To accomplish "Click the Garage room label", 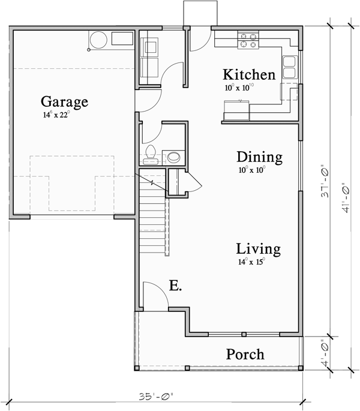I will coord(64,101).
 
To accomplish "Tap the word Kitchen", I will coord(249,75).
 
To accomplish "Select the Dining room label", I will coord(259,157).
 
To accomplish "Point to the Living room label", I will coord(258,248).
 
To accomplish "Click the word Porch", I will coord(245,354).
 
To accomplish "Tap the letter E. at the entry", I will coord(175,286).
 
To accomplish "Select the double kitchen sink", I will coord(289,67).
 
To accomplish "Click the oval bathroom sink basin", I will coord(173,157).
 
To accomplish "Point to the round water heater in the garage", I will coord(97,41).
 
